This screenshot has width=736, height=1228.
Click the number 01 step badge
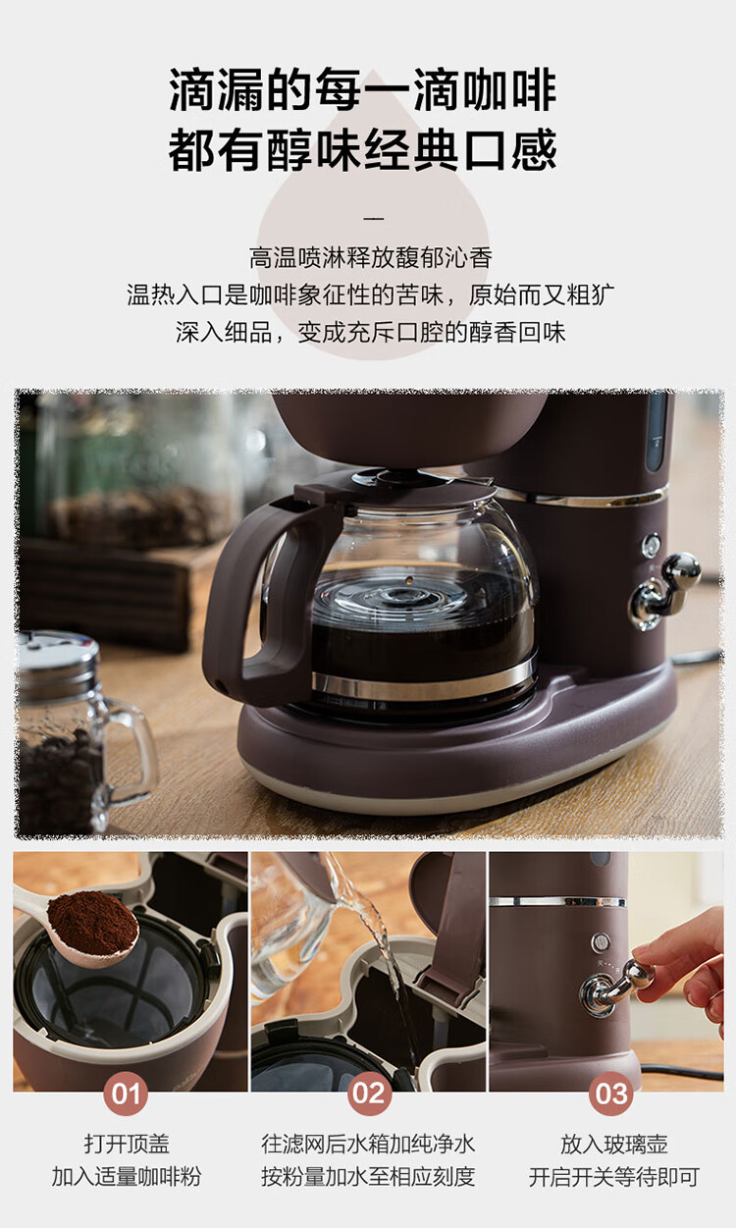coord(126,1094)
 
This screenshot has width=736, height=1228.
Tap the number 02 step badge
coord(369,1094)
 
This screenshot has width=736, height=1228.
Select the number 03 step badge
coord(611,1094)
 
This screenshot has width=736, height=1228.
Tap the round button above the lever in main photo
coord(651,546)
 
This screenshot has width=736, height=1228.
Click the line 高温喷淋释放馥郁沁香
coord(371,257)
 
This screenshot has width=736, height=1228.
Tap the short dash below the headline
coord(373,219)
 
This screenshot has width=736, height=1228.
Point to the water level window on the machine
coord(657,431)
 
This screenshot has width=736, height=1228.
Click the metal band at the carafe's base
coord(424,682)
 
